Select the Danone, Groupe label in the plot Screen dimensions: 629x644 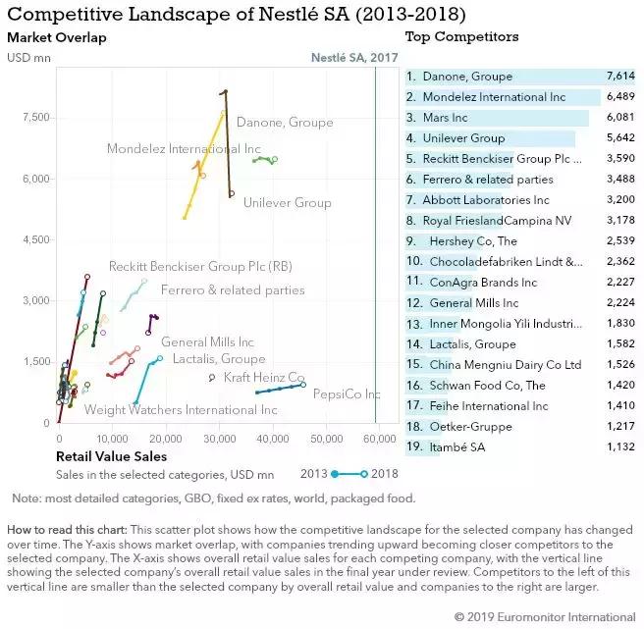coord(285,123)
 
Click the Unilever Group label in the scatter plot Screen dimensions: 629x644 coord(287,203)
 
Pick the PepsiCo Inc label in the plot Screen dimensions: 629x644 coord(346,394)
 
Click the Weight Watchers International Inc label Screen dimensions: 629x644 coord(167,409)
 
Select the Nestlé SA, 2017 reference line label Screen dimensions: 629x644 coord(354,58)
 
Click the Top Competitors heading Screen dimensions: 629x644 coord(461,37)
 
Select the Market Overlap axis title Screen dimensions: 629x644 coord(56,37)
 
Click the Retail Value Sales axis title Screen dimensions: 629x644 coord(111,456)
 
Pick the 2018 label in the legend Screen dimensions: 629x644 coord(384,473)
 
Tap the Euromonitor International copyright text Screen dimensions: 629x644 coord(544,617)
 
